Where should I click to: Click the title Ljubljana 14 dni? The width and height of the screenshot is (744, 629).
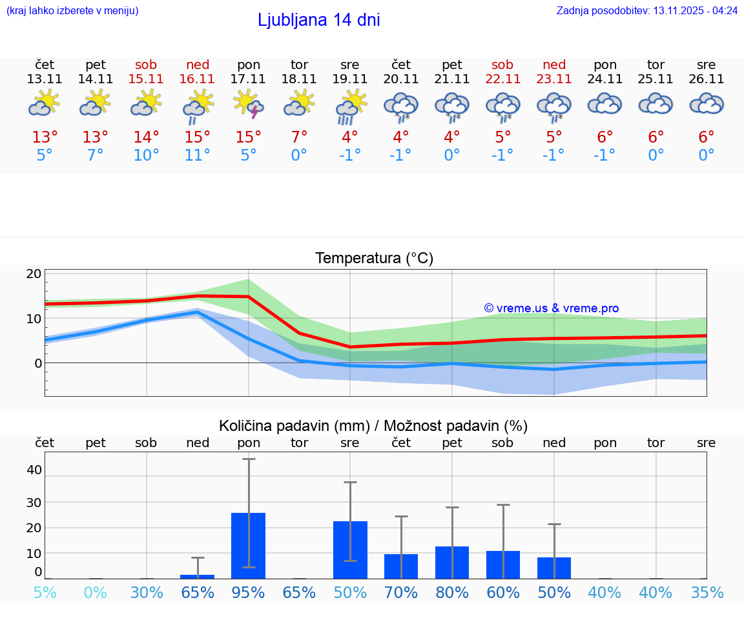point(318,20)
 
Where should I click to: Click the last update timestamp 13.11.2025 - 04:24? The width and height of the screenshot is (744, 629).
point(695,11)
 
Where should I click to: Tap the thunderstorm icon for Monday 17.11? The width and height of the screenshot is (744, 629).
point(249,105)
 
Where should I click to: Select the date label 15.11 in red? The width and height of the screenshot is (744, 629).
point(146,79)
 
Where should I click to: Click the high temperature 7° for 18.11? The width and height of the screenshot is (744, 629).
point(299,137)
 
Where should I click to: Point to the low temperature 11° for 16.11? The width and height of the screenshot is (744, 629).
point(198,155)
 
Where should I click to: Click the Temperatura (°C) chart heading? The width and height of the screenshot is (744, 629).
point(374,259)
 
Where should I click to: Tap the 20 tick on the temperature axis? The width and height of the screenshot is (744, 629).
point(34,274)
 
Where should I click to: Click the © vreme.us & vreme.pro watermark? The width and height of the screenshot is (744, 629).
point(551,308)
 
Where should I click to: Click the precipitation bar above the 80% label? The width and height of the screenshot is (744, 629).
point(452,562)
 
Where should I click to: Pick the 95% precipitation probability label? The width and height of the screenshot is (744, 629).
point(249,593)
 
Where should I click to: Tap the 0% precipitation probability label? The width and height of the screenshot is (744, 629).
point(96,593)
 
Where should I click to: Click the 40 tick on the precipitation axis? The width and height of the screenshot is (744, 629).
point(34,470)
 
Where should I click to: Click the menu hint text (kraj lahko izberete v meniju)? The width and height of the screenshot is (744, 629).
point(72,11)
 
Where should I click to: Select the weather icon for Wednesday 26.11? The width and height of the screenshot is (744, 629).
point(707,105)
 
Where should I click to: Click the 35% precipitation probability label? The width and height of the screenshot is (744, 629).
point(707,593)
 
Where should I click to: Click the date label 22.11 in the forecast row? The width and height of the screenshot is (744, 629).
point(502,79)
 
